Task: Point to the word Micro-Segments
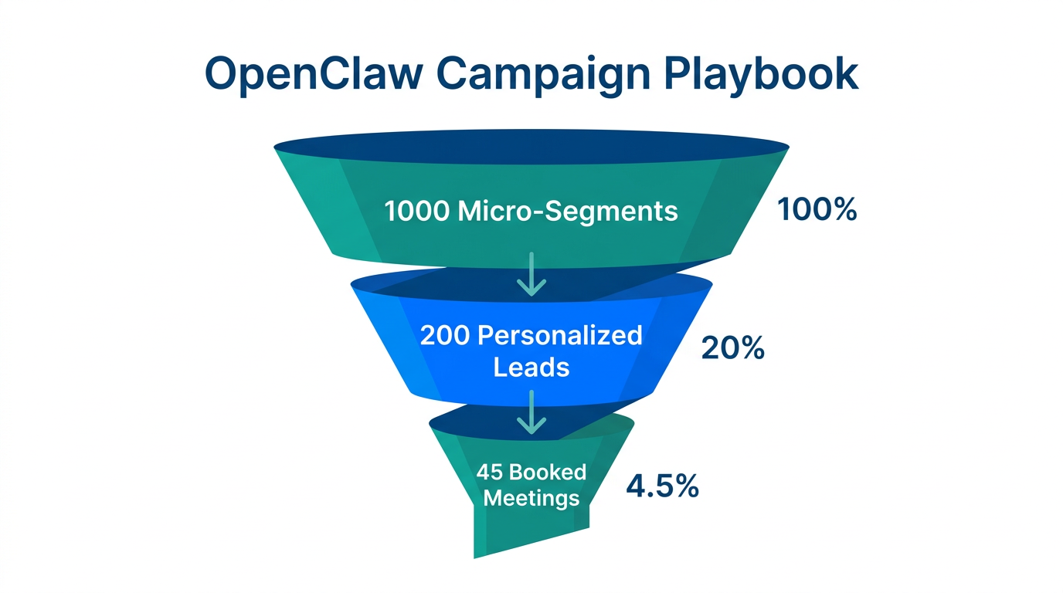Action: pyautogui.click(x=568, y=211)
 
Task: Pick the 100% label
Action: pyautogui.click(x=817, y=209)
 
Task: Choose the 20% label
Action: pyautogui.click(x=732, y=349)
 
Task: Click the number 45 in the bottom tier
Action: pyautogui.click(x=490, y=471)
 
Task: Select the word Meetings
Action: pyautogui.click(x=531, y=497)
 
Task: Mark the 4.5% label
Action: pyautogui.click(x=662, y=487)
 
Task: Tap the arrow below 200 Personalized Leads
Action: pyautogui.click(x=531, y=412)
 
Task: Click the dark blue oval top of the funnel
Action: pyautogui.click(x=531, y=147)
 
